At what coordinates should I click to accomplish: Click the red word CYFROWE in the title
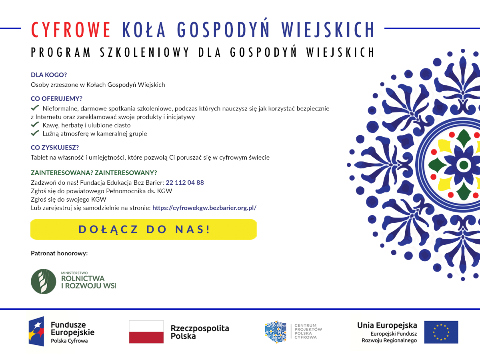click(x=71, y=30)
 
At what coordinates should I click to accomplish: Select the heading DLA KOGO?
click(x=49, y=75)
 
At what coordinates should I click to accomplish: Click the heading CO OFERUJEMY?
click(x=59, y=99)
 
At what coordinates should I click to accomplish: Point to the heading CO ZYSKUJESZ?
click(x=55, y=147)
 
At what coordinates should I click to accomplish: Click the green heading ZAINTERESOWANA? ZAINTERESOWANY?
click(x=94, y=173)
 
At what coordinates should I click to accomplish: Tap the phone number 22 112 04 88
click(x=185, y=182)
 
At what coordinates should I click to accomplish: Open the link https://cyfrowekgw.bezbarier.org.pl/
click(x=204, y=208)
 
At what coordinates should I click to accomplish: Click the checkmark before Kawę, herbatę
click(x=35, y=125)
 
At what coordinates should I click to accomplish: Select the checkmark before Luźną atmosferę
click(x=35, y=133)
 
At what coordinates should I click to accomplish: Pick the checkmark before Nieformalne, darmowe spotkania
click(x=35, y=108)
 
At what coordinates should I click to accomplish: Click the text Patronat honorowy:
click(x=59, y=253)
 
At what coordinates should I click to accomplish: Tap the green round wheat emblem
click(x=44, y=281)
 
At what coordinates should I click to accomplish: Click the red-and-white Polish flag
click(x=146, y=332)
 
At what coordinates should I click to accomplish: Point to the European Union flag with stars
click(x=441, y=332)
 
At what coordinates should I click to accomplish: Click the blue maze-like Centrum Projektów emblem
click(x=276, y=332)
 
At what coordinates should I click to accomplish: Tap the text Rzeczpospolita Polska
click(x=200, y=332)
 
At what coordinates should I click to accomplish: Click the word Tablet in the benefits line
click(x=39, y=158)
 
